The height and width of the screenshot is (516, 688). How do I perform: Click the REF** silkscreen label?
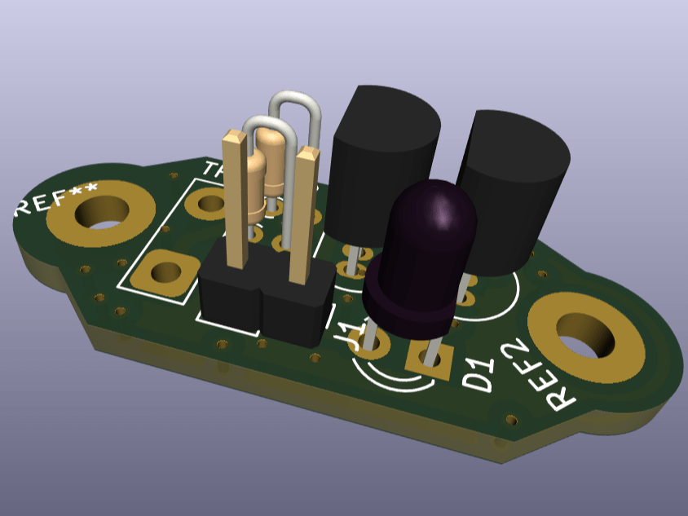(x=55, y=199)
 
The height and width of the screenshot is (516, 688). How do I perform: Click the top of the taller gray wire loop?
(x=293, y=97)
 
